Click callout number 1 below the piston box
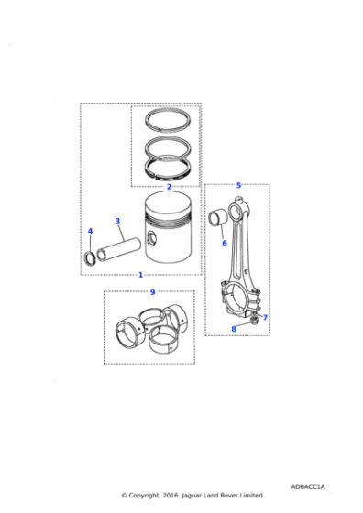pos(140,275)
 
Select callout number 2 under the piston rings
pos(169,187)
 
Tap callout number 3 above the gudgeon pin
pos(117,221)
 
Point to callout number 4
pos(90,231)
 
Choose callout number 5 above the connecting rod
pos(238,186)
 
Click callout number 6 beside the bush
pos(224,243)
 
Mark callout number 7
pos(265,318)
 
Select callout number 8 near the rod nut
pos(234,329)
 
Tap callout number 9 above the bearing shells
pos(152,292)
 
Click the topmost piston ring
pos(169,122)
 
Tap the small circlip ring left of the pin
pos(90,256)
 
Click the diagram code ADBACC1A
pos(309,486)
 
